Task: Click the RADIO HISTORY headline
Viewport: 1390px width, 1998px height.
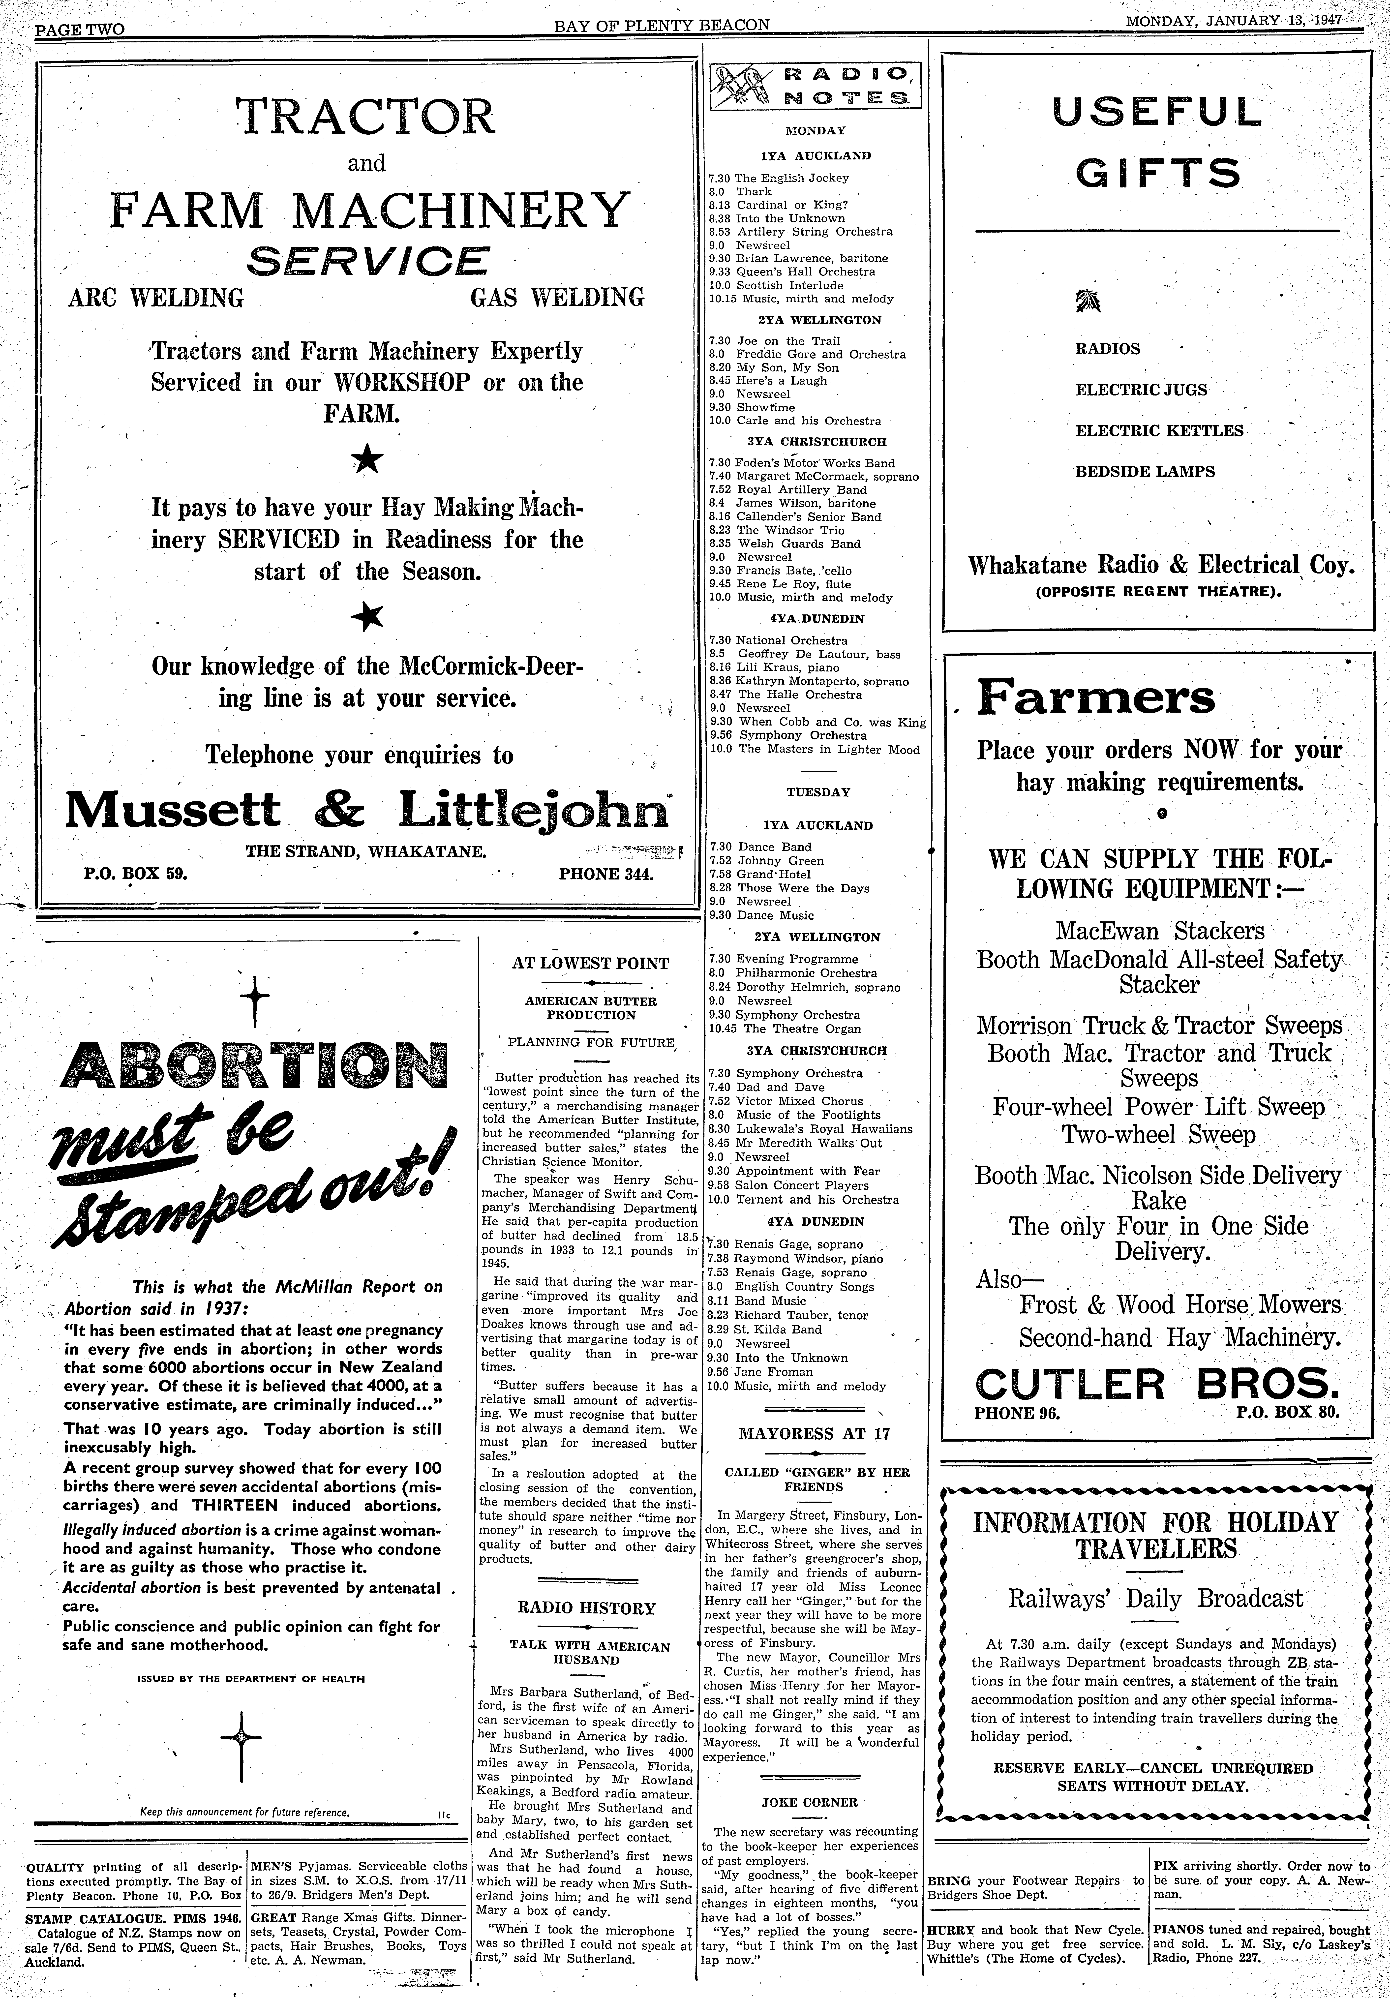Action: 587,1608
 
